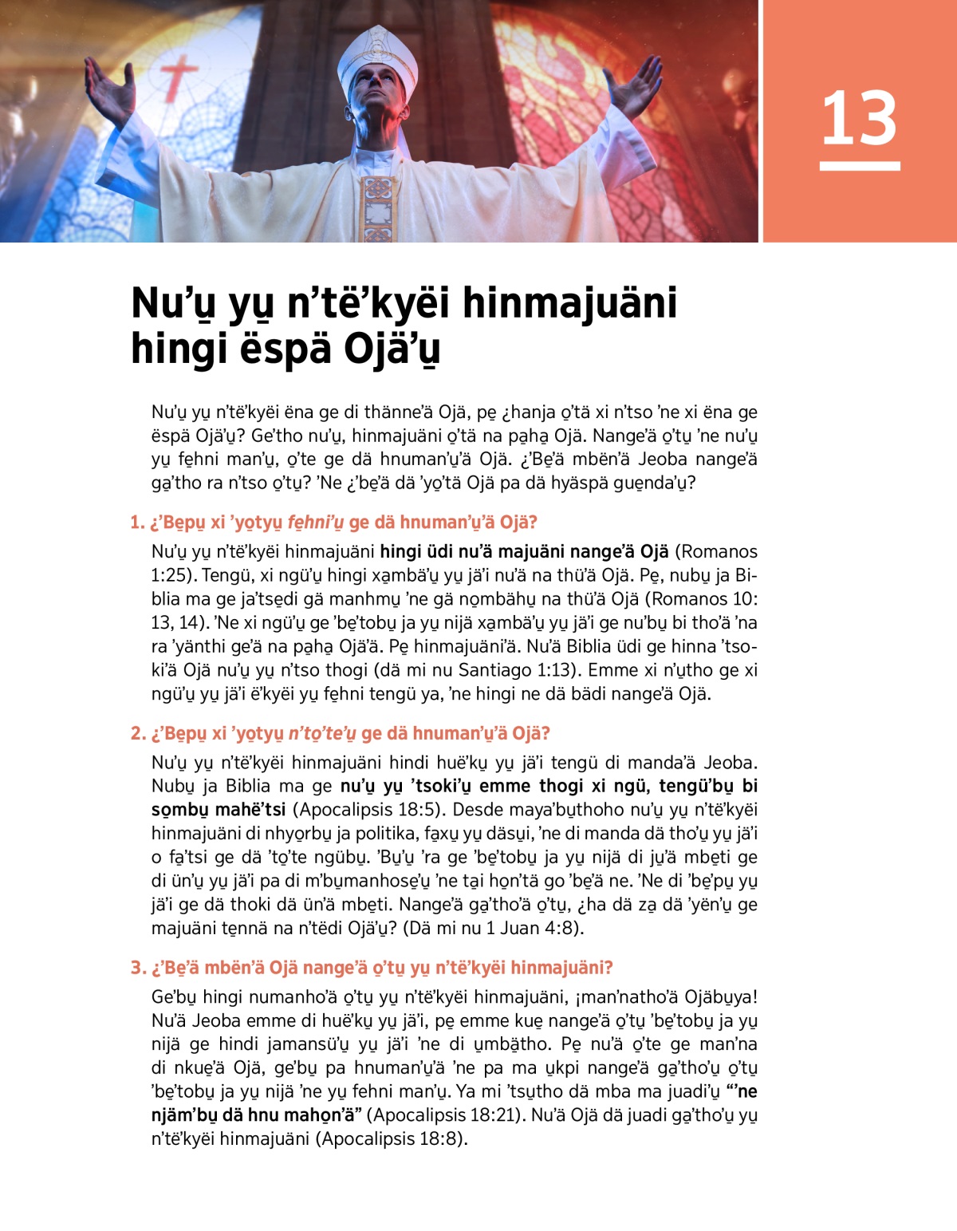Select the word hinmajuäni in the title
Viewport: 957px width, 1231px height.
(x=569, y=303)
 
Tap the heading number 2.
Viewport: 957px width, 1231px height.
(x=137, y=733)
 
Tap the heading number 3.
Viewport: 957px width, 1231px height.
(x=137, y=968)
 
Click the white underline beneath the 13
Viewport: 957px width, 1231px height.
(x=860, y=166)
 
